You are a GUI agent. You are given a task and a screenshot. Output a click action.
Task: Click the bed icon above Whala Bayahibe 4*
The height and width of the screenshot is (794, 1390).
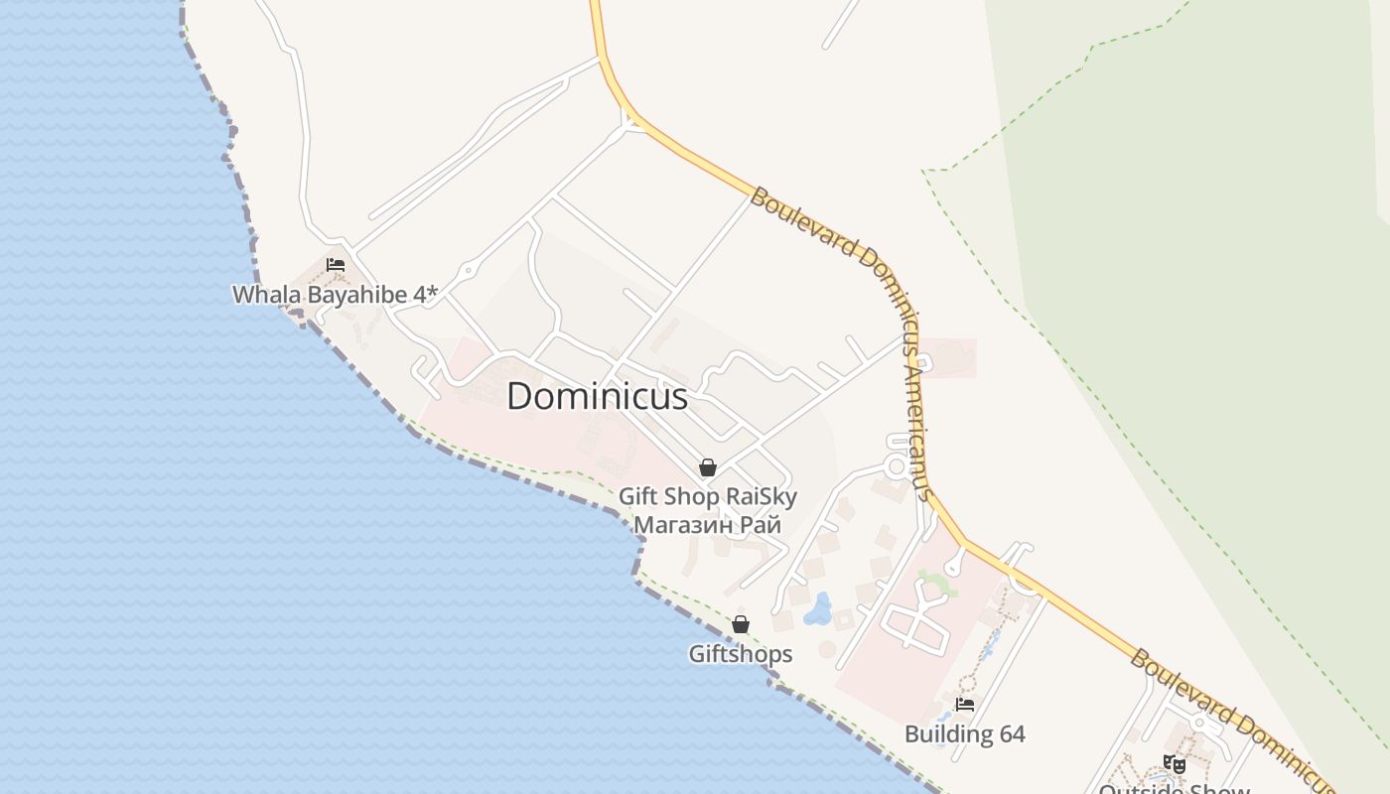tap(336, 265)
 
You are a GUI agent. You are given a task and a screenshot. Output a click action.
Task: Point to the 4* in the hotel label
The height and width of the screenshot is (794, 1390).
tap(427, 294)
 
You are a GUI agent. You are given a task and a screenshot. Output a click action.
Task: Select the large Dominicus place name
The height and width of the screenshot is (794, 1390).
tap(597, 396)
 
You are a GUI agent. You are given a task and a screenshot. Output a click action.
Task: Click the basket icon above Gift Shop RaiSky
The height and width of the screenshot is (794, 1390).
tap(708, 467)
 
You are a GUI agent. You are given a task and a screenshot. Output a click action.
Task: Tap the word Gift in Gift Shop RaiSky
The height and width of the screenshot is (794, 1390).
tap(637, 496)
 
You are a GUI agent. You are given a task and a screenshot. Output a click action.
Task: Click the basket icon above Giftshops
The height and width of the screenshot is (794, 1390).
tap(741, 624)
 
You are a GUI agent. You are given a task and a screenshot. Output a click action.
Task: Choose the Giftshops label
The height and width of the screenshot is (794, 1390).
tap(741, 654)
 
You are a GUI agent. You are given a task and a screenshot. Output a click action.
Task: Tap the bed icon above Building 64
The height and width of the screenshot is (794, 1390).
tap(964, 705)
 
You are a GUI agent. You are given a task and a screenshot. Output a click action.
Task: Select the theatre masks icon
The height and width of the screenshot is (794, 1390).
tap(1175, 764)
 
